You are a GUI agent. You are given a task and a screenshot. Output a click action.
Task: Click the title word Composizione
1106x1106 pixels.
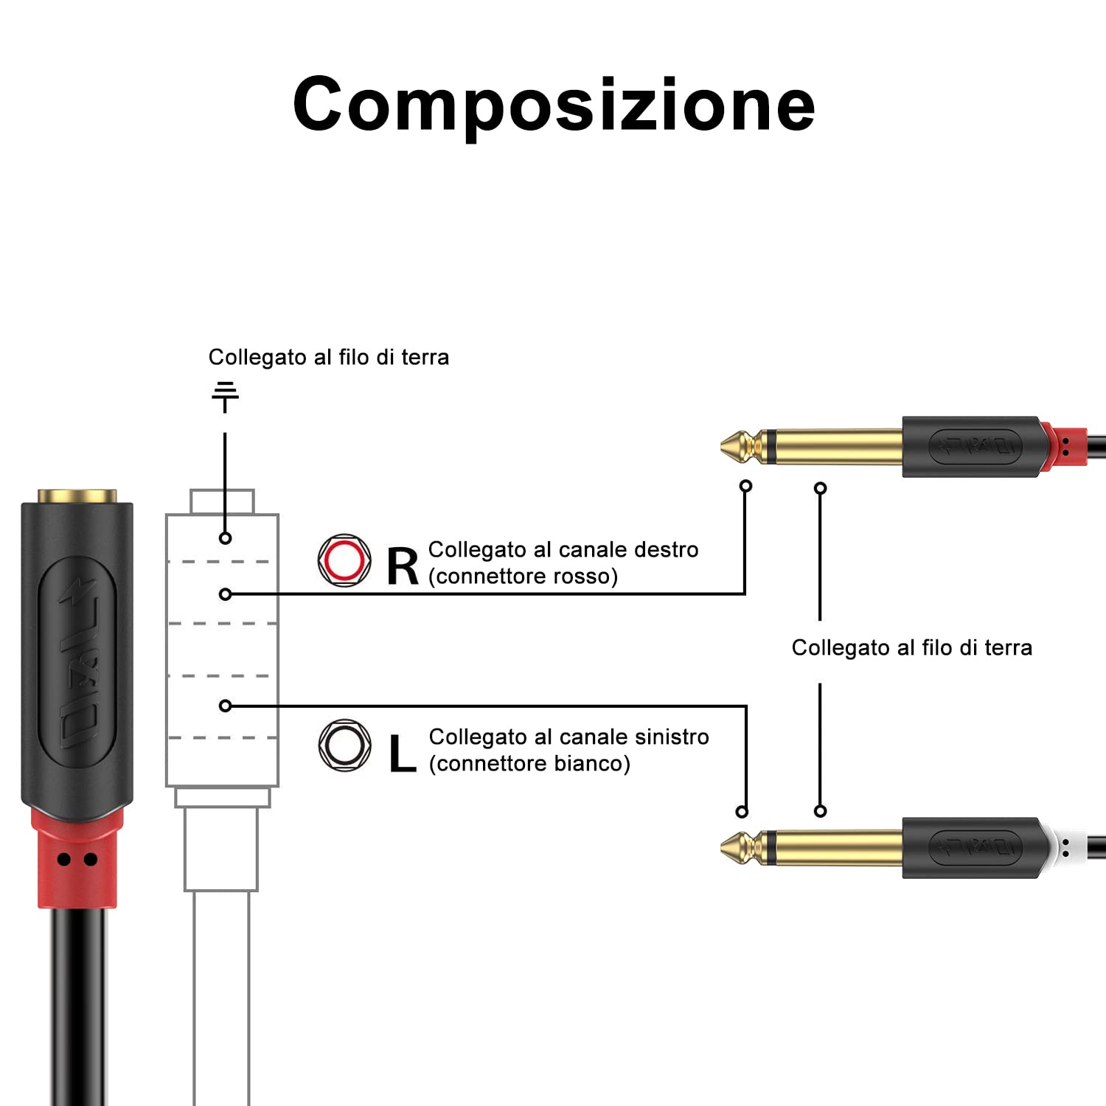(x=553, y=105)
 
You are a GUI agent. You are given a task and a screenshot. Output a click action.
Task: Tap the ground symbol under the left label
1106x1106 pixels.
(x=225, y=396)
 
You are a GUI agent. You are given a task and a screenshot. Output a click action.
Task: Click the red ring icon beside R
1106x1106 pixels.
(x=344, y=560)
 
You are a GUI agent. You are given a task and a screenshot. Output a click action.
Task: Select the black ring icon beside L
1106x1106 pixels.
(x=344, y=745)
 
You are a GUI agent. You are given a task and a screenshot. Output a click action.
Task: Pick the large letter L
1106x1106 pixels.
(x=402, y=754)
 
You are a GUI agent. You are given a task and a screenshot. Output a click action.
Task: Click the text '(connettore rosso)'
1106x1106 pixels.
(x=523, y=576)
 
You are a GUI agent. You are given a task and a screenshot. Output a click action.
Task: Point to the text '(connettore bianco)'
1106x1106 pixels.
(x=529, y=763)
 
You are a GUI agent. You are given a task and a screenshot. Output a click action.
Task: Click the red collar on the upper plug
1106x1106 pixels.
(x=1066, y=445)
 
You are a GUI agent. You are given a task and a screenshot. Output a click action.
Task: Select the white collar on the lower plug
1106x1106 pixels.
(x=1066, y=848)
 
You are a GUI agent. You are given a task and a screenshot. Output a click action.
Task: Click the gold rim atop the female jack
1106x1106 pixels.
(x=77, y=495)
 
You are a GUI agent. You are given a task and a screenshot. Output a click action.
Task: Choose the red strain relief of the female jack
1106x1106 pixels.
(x=77, y=858)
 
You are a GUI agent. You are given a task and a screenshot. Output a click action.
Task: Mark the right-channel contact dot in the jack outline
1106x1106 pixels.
(x=226, y=594)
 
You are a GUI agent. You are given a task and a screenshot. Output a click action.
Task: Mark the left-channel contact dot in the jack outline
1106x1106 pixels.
(x=226, y=706)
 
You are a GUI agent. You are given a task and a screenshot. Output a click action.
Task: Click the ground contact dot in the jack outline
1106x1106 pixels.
(x=226, y=538)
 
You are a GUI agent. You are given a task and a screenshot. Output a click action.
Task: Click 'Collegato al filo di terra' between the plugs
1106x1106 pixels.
(x=911, y=647)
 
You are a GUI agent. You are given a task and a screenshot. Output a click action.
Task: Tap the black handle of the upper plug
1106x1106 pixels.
(x=972, y=446)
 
